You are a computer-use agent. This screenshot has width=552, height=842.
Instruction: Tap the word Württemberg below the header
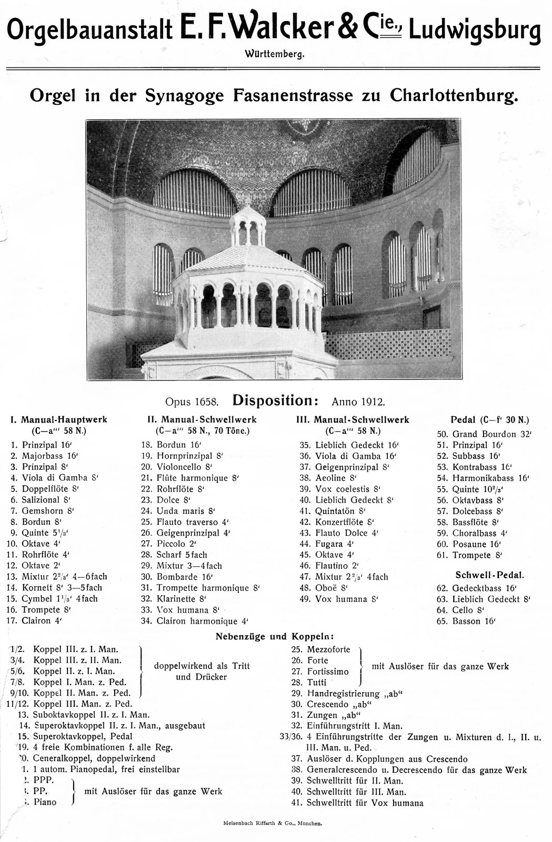tap(275, 54)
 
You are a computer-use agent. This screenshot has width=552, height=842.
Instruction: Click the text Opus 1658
tap(192, 402)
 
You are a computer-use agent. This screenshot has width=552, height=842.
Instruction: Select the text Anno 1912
tap(358, 402)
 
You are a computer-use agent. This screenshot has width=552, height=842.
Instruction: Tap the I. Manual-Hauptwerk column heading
tap(59, 419)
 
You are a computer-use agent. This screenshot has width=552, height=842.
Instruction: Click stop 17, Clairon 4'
tap(42, 620)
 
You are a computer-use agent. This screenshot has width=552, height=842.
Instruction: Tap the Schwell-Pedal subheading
tap(489, 575)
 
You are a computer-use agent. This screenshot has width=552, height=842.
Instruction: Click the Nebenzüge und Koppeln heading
tap(275, 636)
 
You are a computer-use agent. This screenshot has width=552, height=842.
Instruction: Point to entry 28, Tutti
tap(317, 682)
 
